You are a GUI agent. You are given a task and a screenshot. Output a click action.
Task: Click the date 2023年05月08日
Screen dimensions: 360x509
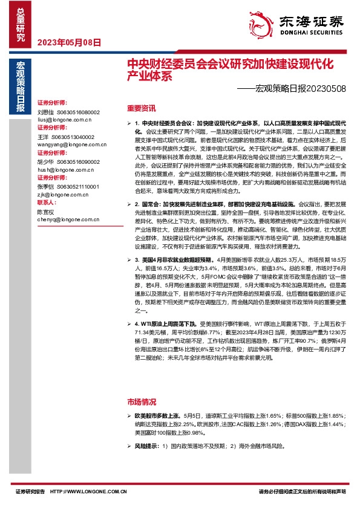point(69,42)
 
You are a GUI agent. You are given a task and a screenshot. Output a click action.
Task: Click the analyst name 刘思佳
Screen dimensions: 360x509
point(45,112)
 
